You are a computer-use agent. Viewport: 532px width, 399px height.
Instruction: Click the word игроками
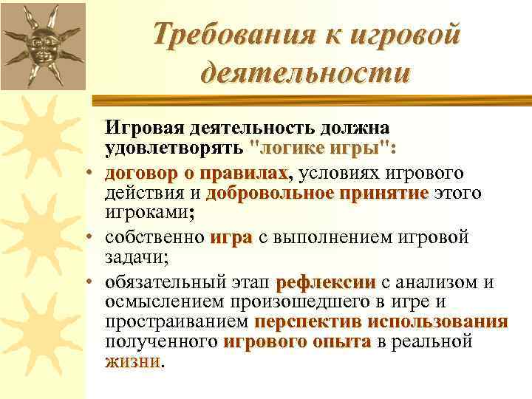pos(149,214)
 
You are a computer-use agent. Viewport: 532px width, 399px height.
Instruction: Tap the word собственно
pos(154,238)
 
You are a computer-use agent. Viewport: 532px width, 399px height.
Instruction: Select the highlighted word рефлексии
pos(326,282)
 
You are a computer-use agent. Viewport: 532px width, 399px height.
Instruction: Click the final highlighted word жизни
pos(132,362)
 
